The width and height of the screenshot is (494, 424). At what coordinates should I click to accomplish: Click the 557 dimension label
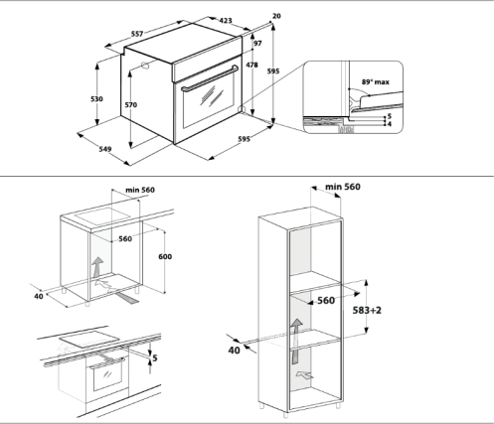pos(137,34)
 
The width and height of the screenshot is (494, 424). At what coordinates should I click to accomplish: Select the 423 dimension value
pos(226,21)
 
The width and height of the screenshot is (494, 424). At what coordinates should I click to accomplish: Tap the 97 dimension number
pos(257,44)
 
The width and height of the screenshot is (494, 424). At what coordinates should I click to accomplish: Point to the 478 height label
pos(251,65)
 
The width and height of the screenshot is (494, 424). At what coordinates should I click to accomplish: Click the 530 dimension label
pos(96,98)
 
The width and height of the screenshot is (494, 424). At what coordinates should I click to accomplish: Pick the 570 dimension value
pos(130,105)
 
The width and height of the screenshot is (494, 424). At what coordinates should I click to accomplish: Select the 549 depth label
pos(105,149)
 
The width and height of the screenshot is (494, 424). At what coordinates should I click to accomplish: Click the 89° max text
pos(376,81)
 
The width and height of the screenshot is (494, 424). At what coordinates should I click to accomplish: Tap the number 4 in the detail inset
pos(390,124)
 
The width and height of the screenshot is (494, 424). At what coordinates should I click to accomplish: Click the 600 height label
pos(165,256)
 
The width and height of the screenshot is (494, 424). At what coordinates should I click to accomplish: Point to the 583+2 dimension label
pos(367,310)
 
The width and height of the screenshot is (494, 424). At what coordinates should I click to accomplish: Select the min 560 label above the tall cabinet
pos(343,187)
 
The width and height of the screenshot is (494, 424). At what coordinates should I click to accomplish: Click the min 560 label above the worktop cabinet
pos(140,190)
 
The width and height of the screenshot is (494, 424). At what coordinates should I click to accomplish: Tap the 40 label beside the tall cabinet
pos(234,350)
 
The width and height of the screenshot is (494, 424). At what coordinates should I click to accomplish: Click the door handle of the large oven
pos(210,78)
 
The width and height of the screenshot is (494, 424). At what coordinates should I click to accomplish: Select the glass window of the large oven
pos(209,98)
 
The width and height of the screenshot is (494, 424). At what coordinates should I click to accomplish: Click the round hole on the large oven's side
pos(145,66)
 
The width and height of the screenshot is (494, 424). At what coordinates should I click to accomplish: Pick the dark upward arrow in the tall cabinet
pos(296,341)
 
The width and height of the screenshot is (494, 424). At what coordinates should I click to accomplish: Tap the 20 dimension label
pos(276,16)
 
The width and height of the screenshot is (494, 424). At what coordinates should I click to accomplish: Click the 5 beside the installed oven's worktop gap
pos(155,357)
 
